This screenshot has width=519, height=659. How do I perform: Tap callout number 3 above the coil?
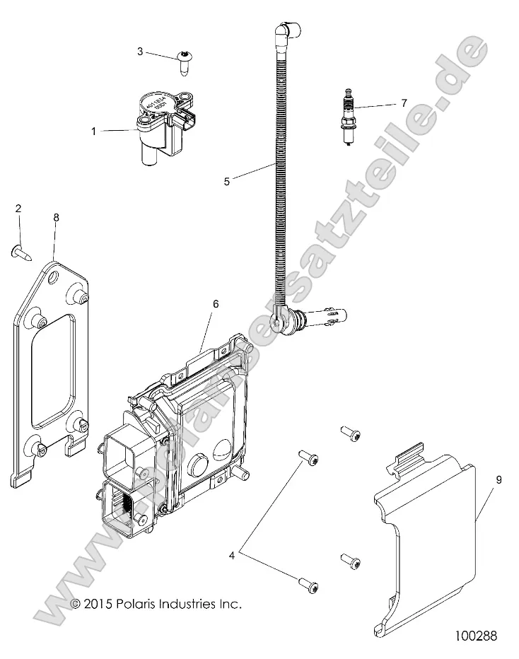(x=140, y=52)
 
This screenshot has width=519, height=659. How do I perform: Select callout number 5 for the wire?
(x=226, y=181)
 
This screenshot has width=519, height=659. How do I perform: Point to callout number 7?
(x=404, y=103)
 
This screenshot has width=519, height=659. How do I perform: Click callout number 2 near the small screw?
(x=18, y=208)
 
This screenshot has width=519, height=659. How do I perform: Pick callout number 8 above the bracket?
(x=57, y=218)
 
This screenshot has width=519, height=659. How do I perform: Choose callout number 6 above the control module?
(x=216, y=304)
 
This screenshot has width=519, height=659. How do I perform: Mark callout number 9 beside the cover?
(x=498, y=480)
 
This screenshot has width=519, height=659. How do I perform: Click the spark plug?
(x=347, y=117)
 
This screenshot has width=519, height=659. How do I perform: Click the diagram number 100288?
(x=477, y=636)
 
